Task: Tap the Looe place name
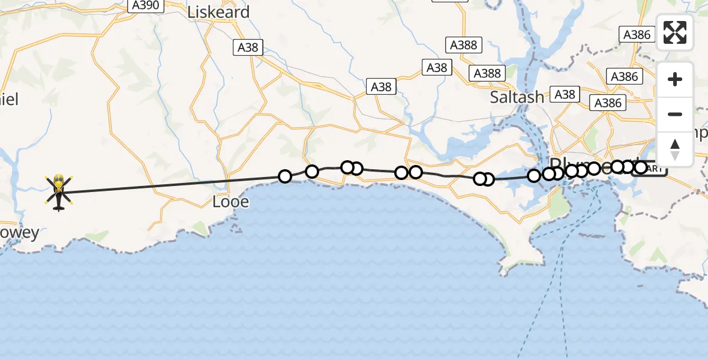click(230, 202)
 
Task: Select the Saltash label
click(517, 97)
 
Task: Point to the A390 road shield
click(145, 5)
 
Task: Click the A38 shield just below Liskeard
click(248, 47)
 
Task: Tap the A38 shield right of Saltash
click(565, 94)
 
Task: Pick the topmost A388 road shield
click(463, 44)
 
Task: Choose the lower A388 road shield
click(487, 73)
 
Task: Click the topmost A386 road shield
click(637, 34)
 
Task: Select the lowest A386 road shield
click(608, 103)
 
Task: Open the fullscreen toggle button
click(675, 32)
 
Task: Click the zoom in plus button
click(675, 79)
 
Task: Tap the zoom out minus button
click(675, 114)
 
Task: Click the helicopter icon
click(58, 192)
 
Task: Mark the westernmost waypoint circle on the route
click(285, 176)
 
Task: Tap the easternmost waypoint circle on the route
click(641, 167)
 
